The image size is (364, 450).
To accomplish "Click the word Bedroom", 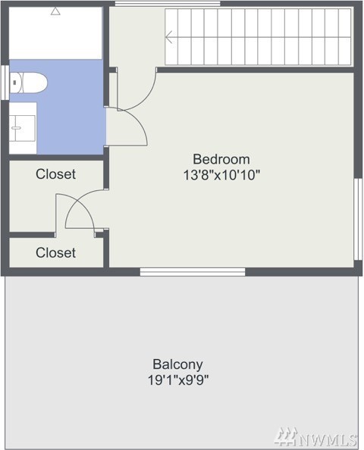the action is [221, 159].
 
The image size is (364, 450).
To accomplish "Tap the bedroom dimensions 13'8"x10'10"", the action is [221, 175].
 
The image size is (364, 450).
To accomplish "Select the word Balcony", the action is [177, 364].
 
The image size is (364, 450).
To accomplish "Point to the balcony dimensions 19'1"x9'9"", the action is [178, 380].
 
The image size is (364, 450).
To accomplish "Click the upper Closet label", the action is [55, 174].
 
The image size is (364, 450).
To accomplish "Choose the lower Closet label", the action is [55, 253].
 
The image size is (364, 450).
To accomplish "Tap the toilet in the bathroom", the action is [28, 83].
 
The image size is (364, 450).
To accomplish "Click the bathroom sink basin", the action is [23, 128].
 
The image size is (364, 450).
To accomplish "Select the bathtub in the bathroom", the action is [55, 33].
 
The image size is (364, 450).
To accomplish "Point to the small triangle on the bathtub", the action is [55, 11].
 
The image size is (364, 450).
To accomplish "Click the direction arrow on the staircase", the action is [169, 37].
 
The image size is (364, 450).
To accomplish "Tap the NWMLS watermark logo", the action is [315, 436].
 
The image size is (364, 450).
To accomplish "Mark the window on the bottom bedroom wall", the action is [193, 272].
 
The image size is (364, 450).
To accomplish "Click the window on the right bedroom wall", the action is [358, 219].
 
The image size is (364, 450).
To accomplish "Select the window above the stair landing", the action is [168, 4].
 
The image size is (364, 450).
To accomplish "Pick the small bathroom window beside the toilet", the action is [5, 83].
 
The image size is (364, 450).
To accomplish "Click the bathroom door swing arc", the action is [139, 120].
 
